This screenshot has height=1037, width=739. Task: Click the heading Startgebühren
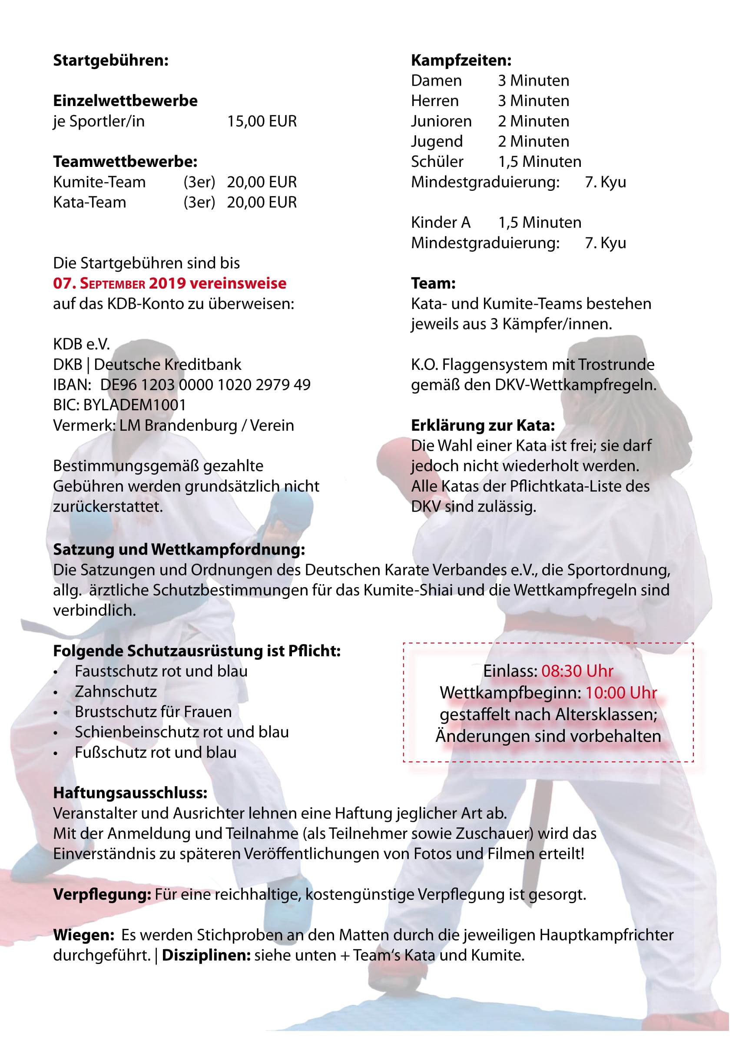click(x=111, y=60)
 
